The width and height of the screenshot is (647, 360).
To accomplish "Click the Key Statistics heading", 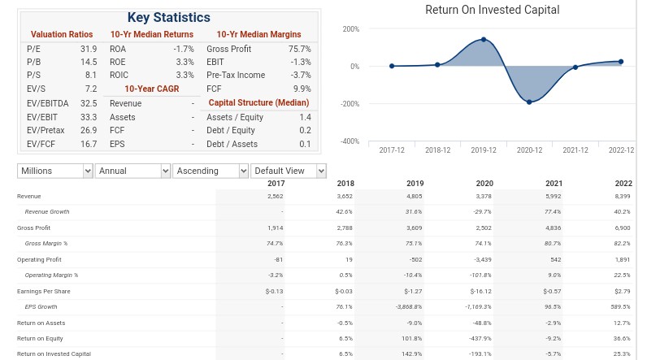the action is point(169,17).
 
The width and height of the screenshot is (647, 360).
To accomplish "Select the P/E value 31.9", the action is point(89,49).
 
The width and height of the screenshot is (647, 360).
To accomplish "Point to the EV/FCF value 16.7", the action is point(89,144).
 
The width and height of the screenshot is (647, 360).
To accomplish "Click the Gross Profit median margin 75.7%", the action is point(300,49).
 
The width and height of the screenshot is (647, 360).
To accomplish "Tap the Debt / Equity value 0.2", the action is point(305,130).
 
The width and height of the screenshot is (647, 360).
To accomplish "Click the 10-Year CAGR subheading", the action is point(152,89).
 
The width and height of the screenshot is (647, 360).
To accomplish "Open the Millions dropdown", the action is point(55,171).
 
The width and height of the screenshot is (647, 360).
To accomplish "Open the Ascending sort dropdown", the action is point(211,171).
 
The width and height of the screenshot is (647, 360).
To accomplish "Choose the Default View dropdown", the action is point(289,171).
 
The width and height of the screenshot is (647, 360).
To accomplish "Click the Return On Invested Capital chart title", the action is point(493,10).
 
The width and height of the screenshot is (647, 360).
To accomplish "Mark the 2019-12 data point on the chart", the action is point(484,40).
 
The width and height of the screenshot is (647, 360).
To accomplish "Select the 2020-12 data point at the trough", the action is point(529,102).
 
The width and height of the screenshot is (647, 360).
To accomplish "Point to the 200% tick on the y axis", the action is point(351,29).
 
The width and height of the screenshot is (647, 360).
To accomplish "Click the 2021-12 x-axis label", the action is point(575,150).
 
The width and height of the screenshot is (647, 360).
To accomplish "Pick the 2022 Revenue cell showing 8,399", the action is point(623,197).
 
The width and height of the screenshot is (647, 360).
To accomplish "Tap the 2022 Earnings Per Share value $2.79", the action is point(623,292).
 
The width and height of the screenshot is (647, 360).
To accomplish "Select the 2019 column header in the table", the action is point(415,184).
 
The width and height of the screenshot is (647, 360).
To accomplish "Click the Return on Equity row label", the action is point(40,339).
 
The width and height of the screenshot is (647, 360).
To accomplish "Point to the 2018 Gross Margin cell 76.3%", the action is point(344,244).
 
